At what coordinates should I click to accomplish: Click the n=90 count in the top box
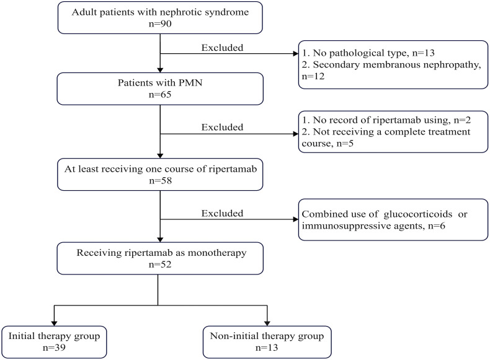[x=160, y=24]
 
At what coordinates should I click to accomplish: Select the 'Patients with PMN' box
[x=160, y=89]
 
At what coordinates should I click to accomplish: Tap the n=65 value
[x=160, y=94]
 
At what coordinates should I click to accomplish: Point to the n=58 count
[x=160, y=180]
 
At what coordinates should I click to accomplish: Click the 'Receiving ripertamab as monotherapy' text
[x=161, y=253]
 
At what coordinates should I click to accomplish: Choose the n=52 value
[x=160, y=265]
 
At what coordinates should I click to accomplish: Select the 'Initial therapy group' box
[x=54, y=342]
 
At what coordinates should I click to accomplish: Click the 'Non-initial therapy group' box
[x=267, y=342]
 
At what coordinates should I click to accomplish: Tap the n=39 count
[x=54, y=348]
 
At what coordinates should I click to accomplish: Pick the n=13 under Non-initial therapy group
[x=267, y=348]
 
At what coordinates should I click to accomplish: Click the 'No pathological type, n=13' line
[x=368, y=53]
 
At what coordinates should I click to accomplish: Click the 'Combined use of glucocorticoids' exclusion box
[x=393, y=219]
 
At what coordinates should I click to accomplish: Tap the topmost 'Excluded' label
[x=222, y=48]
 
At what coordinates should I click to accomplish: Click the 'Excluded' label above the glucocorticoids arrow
[x=222, y=214]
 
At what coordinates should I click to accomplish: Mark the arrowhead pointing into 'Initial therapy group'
[x=54, y=323]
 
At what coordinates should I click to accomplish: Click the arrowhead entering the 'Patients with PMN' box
[x=160, y=70]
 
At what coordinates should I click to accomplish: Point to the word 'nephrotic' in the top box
[x=182, y=12]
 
